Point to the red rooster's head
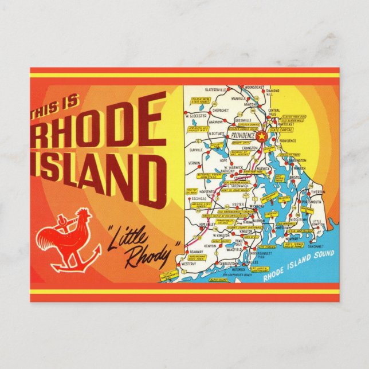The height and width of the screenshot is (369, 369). click(83, 216)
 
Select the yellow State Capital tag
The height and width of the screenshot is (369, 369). click(278, 130)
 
